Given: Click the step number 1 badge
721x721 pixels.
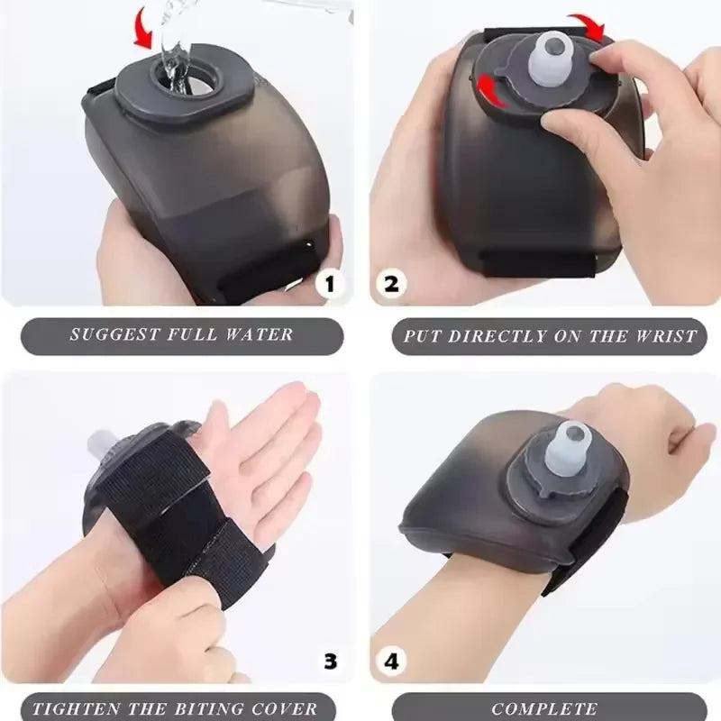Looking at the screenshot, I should click(x=330, y=284).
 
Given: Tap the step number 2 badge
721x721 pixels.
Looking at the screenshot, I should click(x=392, y=284).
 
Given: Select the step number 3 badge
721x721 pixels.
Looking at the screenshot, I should click(x=330, y=661).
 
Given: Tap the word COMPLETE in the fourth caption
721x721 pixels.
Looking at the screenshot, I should click(x=545, y=708).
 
